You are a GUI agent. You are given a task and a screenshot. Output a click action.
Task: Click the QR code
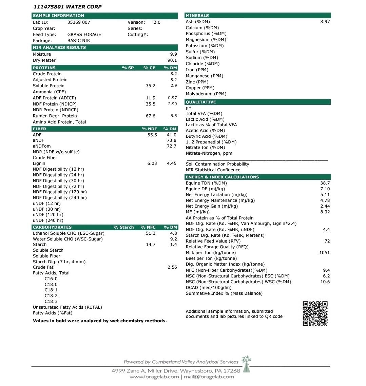[x=315, y=313]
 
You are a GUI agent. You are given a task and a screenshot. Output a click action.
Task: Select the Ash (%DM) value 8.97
[x=325, y=22]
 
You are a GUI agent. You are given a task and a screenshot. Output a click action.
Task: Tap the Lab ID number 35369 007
[x=79, y=22]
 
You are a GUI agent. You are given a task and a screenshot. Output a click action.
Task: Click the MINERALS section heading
[x=197, y=16]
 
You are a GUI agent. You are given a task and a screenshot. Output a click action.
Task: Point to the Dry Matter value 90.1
[x=172, y=60]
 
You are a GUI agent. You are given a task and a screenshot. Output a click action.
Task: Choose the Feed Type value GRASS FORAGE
[x=84, y=35]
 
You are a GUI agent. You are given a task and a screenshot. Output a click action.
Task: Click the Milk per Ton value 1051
[x=324, y=253]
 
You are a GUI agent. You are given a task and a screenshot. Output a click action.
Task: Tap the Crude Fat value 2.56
[x=172, y=267]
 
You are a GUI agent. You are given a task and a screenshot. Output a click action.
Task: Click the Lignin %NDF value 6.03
[x=152, y=163]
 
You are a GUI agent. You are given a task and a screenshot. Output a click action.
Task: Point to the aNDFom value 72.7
[x=172, y=146]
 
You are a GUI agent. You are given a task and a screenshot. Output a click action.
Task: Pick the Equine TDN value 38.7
[x=325, y=183]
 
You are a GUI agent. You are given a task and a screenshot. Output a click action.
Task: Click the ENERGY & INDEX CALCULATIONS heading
[x=222, y=177]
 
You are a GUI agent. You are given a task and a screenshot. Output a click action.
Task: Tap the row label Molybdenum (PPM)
[x=206, y=94]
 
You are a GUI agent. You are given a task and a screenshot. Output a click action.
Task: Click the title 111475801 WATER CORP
[x=68, y=7]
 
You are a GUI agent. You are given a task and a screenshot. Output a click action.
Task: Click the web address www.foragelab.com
[x=154, y=377]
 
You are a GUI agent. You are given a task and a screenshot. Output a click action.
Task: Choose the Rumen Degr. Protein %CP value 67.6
[x=151, y=116]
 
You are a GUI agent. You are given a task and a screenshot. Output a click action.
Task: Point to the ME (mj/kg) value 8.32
[x=325, y=212]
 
